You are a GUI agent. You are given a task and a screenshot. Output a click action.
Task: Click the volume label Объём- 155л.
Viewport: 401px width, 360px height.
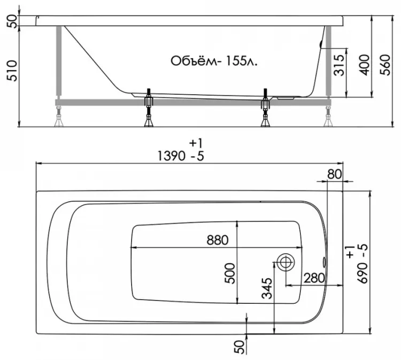(214, 61)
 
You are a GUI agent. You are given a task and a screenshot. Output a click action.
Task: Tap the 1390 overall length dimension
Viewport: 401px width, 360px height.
(171, 156)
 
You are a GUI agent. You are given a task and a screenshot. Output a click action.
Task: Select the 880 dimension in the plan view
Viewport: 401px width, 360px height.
(218, 240)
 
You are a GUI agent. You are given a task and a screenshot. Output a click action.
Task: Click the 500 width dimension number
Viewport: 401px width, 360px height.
(230, 273)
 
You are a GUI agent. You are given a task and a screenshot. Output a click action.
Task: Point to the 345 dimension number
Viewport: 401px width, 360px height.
(267, 288)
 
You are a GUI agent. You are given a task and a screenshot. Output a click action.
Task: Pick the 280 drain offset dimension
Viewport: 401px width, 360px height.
(314, 278)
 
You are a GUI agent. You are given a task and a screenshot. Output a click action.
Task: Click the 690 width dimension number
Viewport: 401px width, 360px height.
(363, 273)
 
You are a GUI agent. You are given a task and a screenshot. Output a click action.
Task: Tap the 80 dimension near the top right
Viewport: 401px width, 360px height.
(335, 174)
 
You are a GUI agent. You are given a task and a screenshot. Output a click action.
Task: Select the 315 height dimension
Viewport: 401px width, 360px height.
(339, 65)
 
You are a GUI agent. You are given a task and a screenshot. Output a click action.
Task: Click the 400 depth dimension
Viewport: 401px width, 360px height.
(365, 65)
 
